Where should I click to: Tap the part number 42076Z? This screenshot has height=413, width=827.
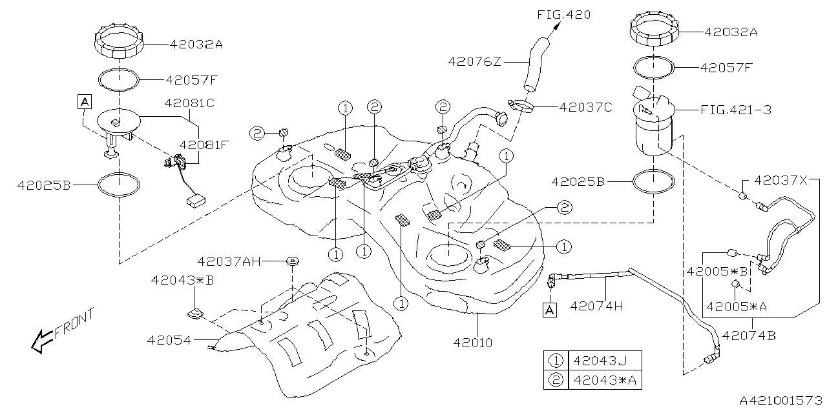pyautogui.click(x=475, y=61)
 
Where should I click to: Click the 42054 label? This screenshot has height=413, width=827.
pyautogui.click(x=169, y=339)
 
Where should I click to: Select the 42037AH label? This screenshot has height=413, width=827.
pyautogui.click(x=229, y=261)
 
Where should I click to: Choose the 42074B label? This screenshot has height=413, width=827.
pyautogui.click(x=749, y=335)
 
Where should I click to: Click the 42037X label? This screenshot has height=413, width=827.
pyautogui.click(x=780, y=181)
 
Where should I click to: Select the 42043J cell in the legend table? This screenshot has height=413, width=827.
pyautogui.click(x=599, y=361)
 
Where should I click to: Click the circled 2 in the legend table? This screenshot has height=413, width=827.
pyautogui.click(x=555, y=381)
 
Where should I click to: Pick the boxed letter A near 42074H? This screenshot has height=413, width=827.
pyautogui.click(x=549, y=310)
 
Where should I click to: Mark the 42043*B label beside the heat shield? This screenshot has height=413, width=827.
pyautogui.click(x=174, y=280)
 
